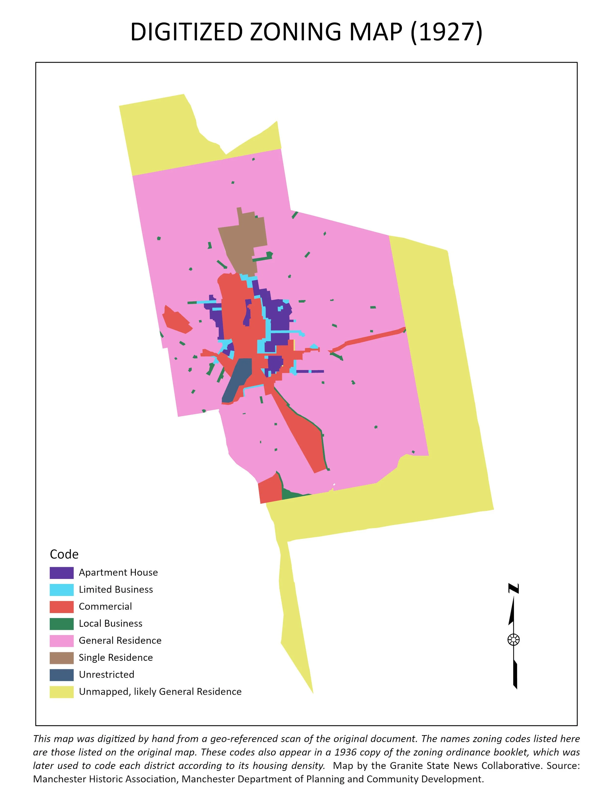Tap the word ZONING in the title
pos(296,32)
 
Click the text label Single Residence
pos(115,658)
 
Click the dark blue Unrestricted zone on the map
pos(238,379)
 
